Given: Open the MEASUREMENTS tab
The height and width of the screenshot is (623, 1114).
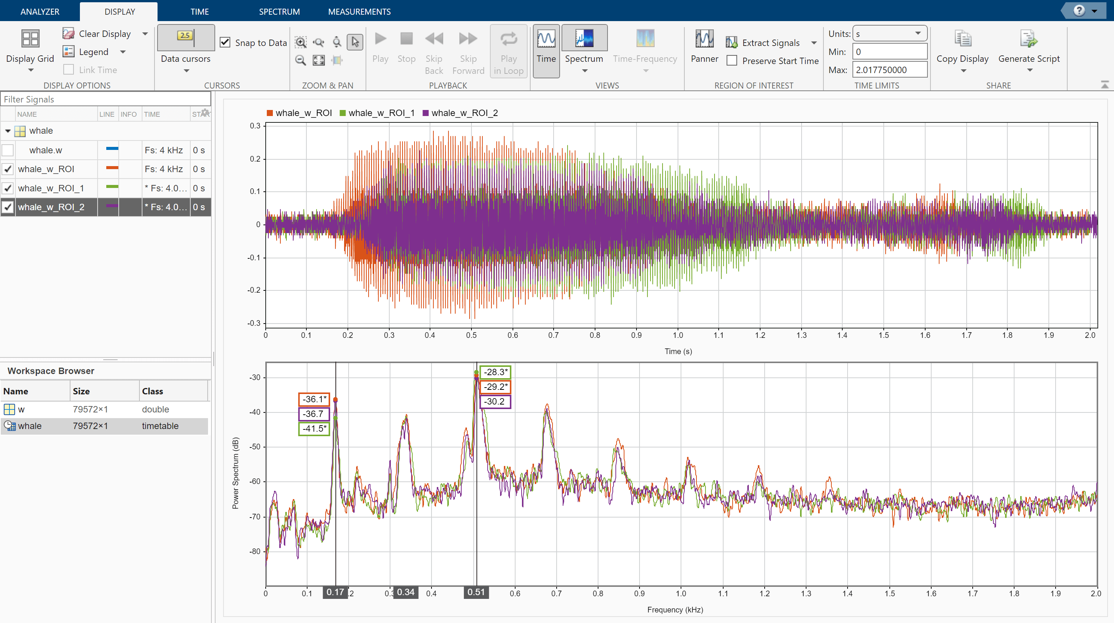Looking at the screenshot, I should tap(359, 12).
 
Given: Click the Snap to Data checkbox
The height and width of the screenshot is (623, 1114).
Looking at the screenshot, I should tap(225, 42).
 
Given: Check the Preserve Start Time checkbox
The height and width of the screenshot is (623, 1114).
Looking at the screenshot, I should tap(732, 61).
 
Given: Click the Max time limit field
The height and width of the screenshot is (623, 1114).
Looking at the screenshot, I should tap(889, 70).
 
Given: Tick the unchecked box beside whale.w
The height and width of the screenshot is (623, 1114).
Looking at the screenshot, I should tap(8, 150).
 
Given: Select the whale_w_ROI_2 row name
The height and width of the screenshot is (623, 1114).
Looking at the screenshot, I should tap(51, 207).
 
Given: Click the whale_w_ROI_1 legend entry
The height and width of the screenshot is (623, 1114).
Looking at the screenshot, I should tap(381, 113).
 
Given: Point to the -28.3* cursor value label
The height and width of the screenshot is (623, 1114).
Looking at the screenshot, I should tap(495, 372).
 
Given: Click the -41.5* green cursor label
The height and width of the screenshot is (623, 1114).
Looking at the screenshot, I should tap(314, 428).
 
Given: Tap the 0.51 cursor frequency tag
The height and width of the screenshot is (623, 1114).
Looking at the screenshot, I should tap(476, 592).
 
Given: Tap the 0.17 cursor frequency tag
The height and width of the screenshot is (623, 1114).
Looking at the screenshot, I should tap(335, 592).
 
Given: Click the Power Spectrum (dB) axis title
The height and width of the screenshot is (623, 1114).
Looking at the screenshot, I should tap(235, 473).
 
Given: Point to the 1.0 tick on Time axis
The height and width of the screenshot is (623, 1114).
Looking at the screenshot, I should tap(678, 335).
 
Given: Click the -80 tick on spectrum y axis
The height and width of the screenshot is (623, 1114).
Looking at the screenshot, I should tap(254, 551).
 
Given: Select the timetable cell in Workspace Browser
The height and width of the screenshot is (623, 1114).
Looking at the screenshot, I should tap(160, 426).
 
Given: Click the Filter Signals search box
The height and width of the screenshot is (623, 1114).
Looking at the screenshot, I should tap(106, 99).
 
